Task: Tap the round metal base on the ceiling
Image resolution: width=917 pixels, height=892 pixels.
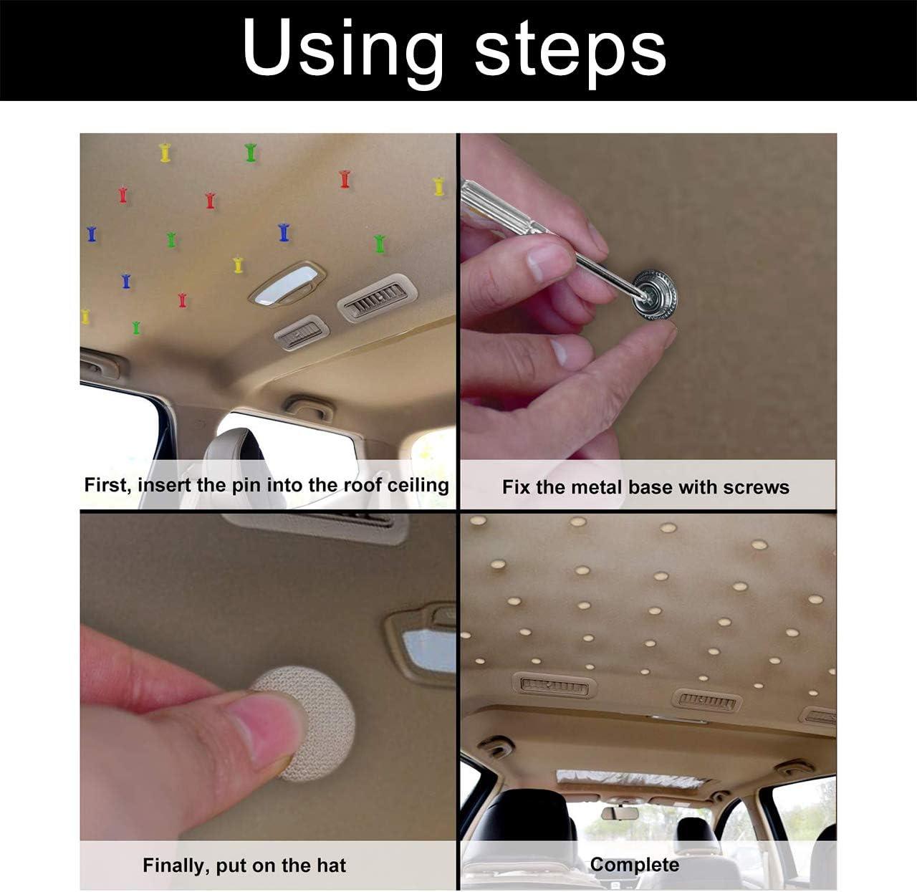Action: (655, 294)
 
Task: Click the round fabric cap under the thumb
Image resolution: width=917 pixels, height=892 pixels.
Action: (309, 724)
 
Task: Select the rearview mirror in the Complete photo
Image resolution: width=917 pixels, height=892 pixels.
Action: (620, 813)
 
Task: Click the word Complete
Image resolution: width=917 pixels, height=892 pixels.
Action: (634, 865)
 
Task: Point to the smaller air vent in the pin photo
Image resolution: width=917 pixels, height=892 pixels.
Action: (302, 332)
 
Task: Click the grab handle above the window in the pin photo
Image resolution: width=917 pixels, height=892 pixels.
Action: (309, 408)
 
